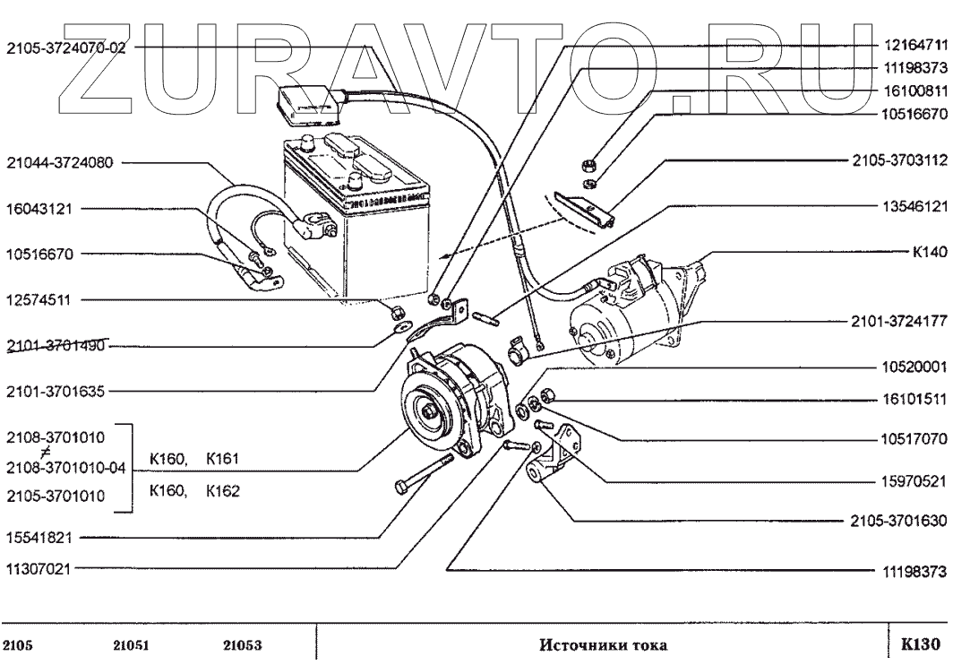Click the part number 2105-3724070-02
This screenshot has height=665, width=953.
64,48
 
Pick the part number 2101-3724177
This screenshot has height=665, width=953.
897,321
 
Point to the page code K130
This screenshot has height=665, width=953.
920,643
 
